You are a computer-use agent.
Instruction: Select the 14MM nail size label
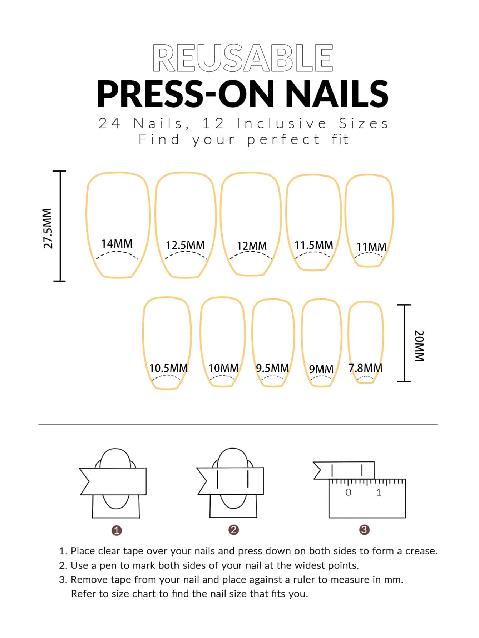pyautogui.click(x=117, y=244)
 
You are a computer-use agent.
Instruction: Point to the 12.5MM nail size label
pyautogui.click(x=185, y=245)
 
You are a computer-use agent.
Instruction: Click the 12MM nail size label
pyautogui.click(x=252, y=246)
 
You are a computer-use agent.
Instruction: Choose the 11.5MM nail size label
pyautogui.click(x=313, y=245)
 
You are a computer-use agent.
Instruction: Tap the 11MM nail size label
pyautogui.click(x=371, y=247)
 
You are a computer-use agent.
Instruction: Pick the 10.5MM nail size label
pyautogui.click(x=168, y=368)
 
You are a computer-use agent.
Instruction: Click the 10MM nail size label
pyautogui.click(x=223, y=368)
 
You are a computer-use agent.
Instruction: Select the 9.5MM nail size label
pyautogui.click(x=272, y=368)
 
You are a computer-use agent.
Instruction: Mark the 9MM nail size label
pyautogui.click(x=321, y=369)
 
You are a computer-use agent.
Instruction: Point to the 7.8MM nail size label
pyautogui.click(x=365, y=368)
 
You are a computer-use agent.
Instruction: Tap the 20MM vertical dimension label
pyautogui.click(x=419, y=346)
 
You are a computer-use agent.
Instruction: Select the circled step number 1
pyautogui.click(x=117, y=530)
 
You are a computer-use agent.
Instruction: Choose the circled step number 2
pyautogui.click(x=233, y=530)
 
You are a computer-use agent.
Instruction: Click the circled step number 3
pyautogui.click(x=364, y=530)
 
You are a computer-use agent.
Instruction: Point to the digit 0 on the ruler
pyautogui.click(x=348, y=493)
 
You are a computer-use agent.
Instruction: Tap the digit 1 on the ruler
pyautogui.click(x=379, y=493)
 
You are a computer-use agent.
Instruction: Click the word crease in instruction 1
pyautogui.click(x=421, y=551)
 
